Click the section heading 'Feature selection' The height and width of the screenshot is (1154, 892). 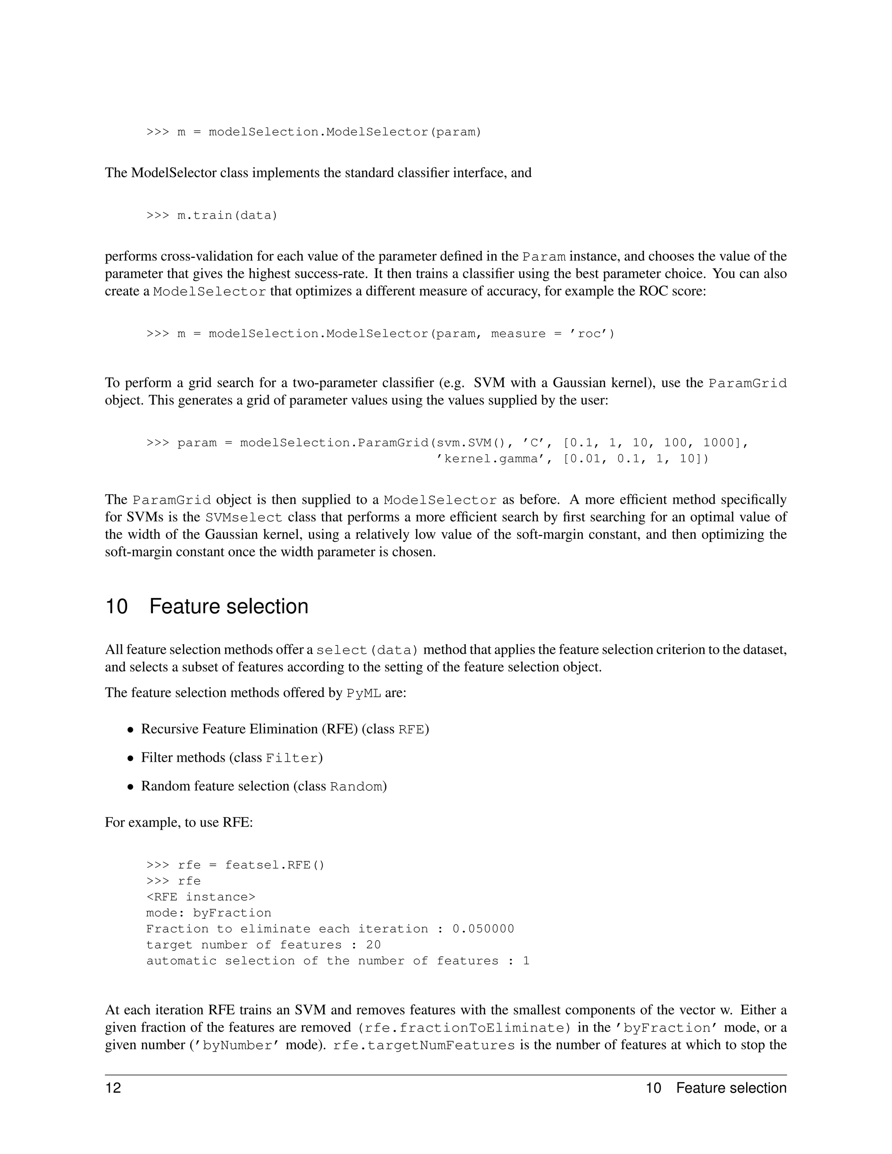pyautogui.click(x=228, y=606)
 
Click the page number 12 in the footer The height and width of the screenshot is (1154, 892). pyautogui.click(x=113, y=1088)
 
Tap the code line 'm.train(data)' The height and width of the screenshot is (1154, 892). pyautogui.click(x=227, y=216)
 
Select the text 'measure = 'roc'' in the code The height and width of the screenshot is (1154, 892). pyautogui.click(x=553, y=334)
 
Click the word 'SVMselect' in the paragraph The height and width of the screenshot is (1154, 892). pyautogui.click(x=243, y=517)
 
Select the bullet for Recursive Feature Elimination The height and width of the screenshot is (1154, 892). pyautogui.click(x=130, y=730)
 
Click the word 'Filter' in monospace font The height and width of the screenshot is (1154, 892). pyautogui.click(x=292, y=758)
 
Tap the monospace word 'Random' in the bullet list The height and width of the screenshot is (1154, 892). pyautogui.click(x=356, y=787)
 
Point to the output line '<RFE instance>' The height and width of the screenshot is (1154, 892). pyautogui.click(x=201, y=897)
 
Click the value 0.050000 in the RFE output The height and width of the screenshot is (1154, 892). pyautogui.click(x=483, y=929)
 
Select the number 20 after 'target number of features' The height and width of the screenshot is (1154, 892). pyautogui.click(x=373, y=945)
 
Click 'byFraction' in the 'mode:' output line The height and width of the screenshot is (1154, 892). pyautogui.click(x=232, y=913)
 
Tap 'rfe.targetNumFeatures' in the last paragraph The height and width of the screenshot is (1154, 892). pyautogui.click(x=424, y=1046)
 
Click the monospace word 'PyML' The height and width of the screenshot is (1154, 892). pyautogui.click(x=364, y=693)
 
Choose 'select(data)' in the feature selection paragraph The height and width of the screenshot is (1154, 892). pyautogui.click(x=368, y=650)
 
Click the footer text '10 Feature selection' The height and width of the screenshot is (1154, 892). pyautogui.click(x=716, y=1088)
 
